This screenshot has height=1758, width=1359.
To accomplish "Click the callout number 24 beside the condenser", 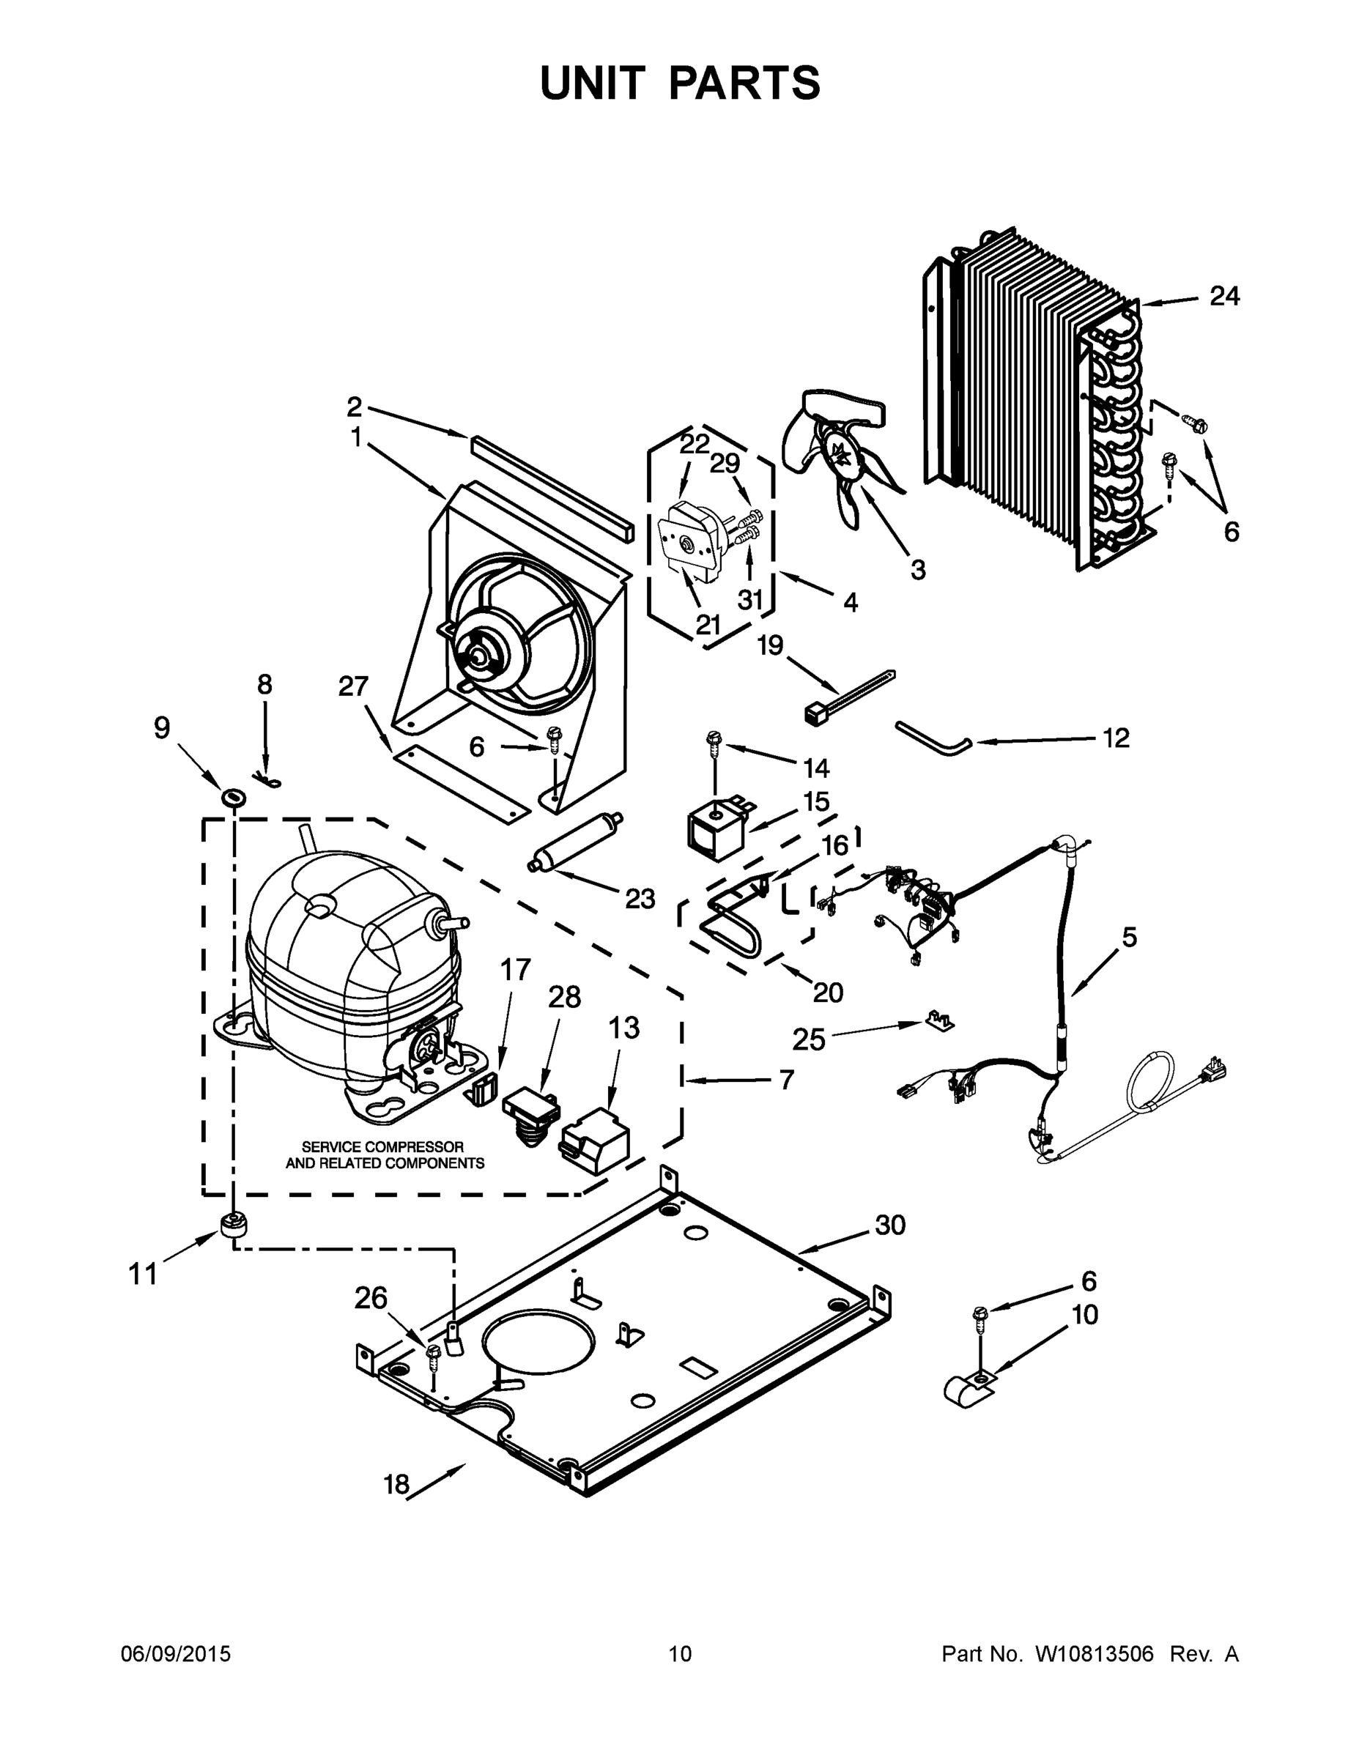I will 1223,296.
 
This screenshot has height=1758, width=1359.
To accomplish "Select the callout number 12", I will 1115,738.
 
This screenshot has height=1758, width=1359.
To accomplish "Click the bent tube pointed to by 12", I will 934,739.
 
